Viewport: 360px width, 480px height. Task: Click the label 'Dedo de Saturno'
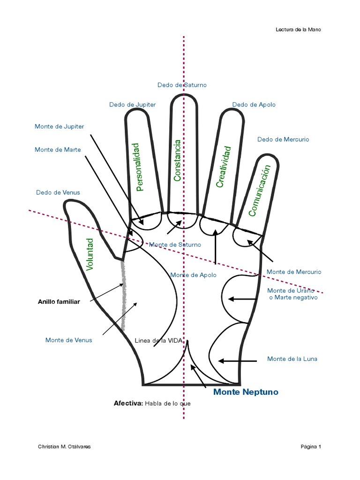coord(182,85)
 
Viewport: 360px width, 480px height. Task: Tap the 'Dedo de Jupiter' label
coord(132,105)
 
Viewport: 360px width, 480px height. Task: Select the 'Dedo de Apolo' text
coord(254,105)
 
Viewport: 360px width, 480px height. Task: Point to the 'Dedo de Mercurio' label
coord(283,139)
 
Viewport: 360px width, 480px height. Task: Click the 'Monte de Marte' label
coord(58,150)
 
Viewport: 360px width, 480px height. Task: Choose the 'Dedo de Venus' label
coord(58,192)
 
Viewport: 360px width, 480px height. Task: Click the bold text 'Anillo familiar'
coord(59,302)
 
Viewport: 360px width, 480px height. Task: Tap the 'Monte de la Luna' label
coord(292,359)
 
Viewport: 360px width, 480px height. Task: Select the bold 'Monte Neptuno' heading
coord(246,392)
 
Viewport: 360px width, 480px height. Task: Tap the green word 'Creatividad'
coord(224,167)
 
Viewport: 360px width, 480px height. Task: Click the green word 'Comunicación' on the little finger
coord(260,190)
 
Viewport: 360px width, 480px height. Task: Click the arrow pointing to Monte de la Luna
coord(237,361)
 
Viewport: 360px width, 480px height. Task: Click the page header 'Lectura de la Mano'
coord(299,30)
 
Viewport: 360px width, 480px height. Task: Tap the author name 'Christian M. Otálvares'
coord(64,447)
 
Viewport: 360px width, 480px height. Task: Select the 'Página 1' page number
coord(311,447)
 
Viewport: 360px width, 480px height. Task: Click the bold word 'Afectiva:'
coord(128,403)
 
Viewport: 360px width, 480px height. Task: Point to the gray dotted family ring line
coord(124,295)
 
